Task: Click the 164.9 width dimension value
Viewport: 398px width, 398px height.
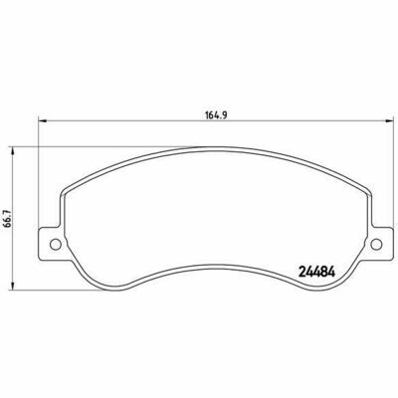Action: [216, 115]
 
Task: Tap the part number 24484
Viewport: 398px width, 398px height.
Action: [317, 272]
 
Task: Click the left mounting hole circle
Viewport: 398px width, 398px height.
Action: [56, 245]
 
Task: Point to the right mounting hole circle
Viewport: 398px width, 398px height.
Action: [376, 245]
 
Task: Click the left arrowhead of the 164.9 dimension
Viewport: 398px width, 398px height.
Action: [43, 121]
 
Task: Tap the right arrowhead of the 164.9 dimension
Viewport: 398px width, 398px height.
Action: [388, 121]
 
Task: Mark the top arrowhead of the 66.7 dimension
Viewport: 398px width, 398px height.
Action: [13, 151]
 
